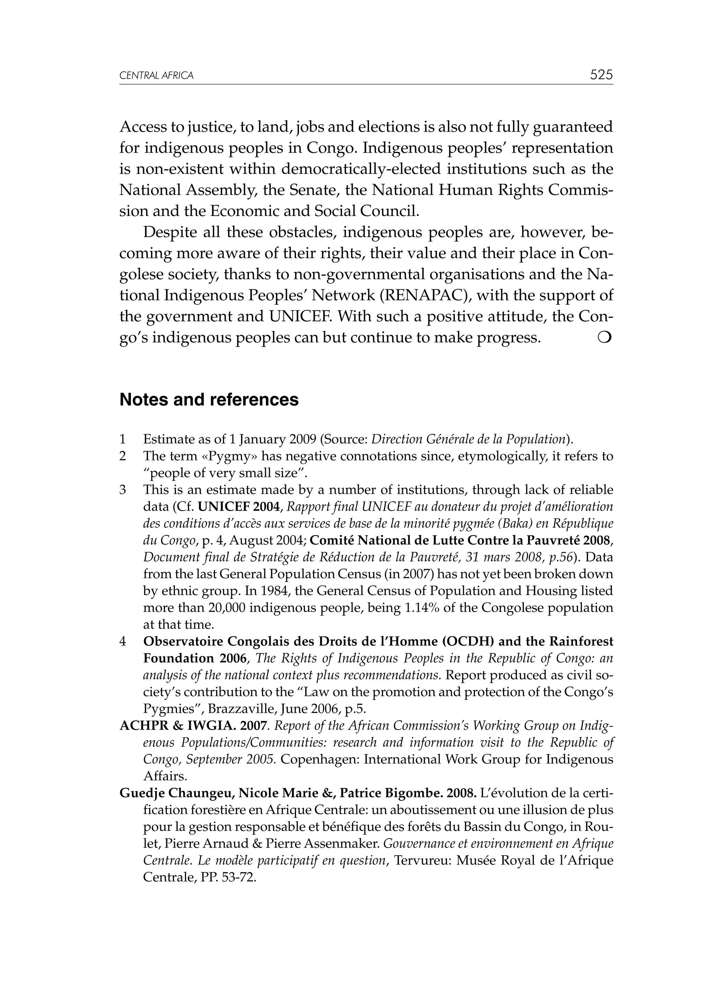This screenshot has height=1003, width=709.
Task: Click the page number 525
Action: click(x=601, y=75)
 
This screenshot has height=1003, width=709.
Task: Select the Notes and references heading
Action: click(x=209, y=400)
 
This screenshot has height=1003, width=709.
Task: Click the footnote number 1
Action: click(x=123, y=439)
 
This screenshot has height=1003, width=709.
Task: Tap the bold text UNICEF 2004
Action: click(x=238, y=507)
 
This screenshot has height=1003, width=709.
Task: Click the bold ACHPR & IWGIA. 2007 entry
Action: click(x=192, y=726)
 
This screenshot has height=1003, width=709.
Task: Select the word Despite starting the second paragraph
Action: click(x=170, y=232)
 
